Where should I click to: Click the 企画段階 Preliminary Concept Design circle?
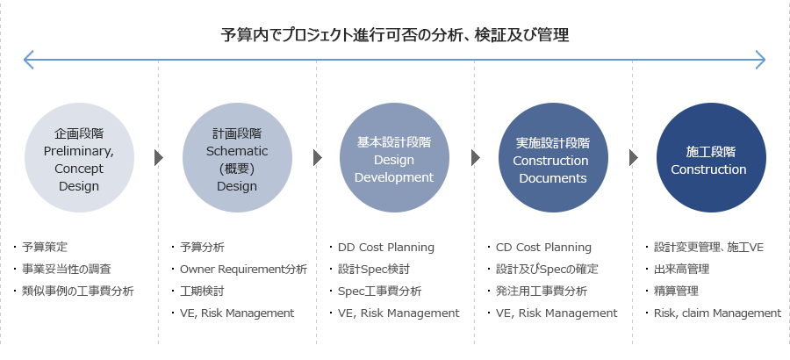point(79,158)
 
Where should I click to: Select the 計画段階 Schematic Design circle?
point(237,158)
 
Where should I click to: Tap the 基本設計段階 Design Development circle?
point(394,158)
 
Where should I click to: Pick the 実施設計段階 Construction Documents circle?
point(553,158)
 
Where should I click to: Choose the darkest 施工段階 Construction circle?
point(711,158)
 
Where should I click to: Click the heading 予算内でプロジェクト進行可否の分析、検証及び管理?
point(395,35)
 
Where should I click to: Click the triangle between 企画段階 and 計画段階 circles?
point(159,158)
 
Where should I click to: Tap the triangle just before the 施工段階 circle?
point(633,158)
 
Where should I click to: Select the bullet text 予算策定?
point(45,247)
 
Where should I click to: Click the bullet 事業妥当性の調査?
point(67,270)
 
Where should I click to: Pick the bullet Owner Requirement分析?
point(243,270)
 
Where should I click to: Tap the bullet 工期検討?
point(202,291)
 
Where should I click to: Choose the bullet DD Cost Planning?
point(386,248)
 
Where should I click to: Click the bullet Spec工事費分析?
point(380,292)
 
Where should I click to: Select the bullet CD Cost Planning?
point(543,248)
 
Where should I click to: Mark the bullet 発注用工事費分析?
point(542,291)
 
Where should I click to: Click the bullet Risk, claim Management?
point(717,313)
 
